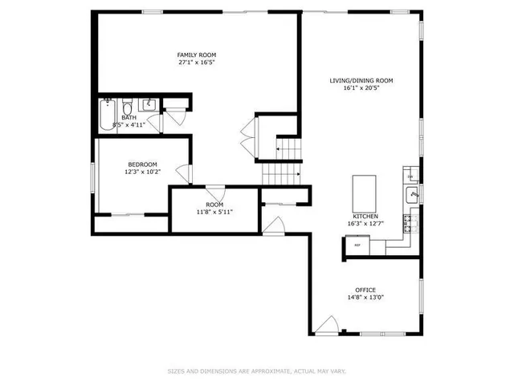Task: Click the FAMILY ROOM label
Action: pos(197,55)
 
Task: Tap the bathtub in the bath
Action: pos(107,116)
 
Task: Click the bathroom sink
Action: pos(148,105)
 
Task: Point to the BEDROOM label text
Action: pos(141,164)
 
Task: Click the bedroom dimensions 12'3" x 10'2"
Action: pos(141,172)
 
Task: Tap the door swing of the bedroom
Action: pos(185,173)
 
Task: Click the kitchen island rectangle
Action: pos(364,192)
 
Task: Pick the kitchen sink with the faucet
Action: pos(412,194)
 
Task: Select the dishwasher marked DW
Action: pos(410,176)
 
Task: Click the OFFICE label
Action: pos(365,290)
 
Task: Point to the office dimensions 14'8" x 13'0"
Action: pos(365,298)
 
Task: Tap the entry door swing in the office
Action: pos(326,326)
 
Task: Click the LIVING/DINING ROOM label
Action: pos(361,80)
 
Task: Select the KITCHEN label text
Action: pos(365,217)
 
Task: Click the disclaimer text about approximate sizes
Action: pos(256,371)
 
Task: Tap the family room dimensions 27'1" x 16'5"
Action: pos(197,62)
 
